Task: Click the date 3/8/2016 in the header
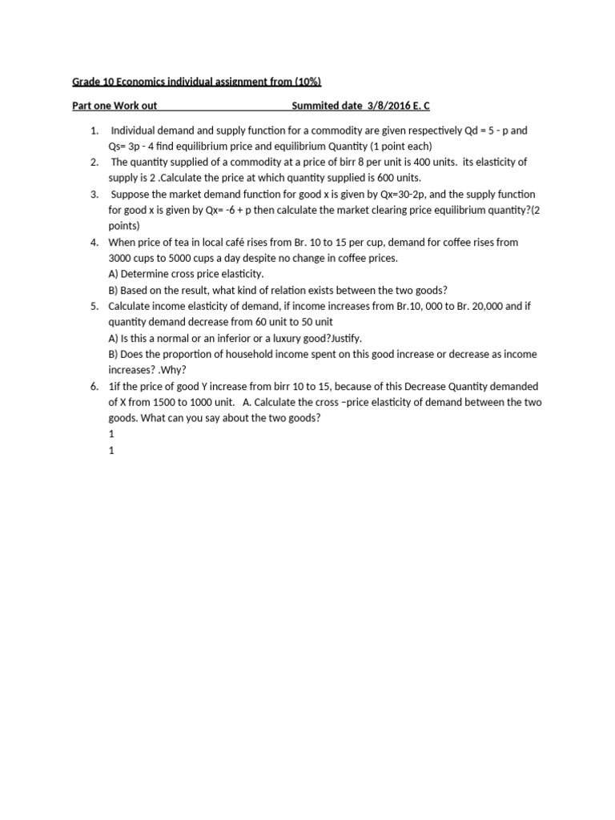pos(382,106)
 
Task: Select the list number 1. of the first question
pos(94,130)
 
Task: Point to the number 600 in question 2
pos(373,178)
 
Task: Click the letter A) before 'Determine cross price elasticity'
pos(115,274)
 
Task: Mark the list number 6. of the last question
pos(94,386)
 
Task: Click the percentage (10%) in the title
pos(307,82)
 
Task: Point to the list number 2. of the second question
pos(94,162)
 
